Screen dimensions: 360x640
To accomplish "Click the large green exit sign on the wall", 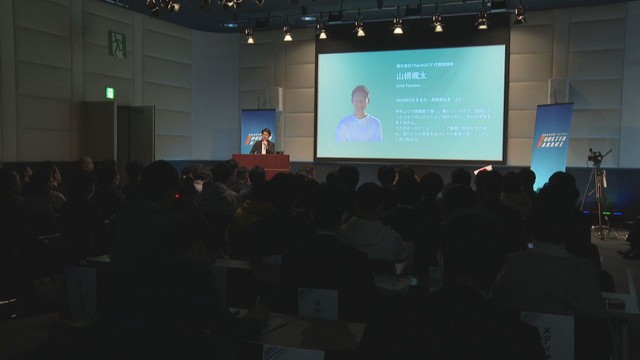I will click(117, 44).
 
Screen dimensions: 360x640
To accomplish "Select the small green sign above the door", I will click(110, 93).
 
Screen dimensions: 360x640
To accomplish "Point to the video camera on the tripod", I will click(597, 157).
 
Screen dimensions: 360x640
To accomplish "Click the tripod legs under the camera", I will click(596, 195).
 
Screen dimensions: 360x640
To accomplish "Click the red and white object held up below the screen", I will click(483, 169).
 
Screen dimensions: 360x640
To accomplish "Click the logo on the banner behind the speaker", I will click(255, 135).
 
